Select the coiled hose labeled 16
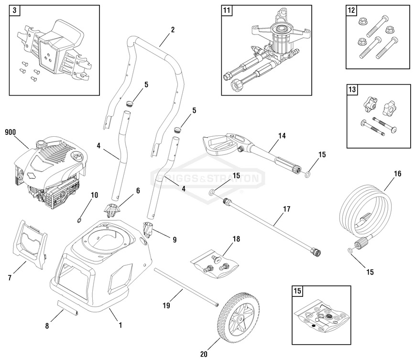pos(366,206)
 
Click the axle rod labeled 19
pos(186,287)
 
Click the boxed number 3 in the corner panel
pos(15,10)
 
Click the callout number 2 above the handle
pos(172,30)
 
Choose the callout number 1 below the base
pos(120,325)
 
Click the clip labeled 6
pos(113,209)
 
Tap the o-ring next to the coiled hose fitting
pos(351,250)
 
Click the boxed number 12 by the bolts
pos(352,10)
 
